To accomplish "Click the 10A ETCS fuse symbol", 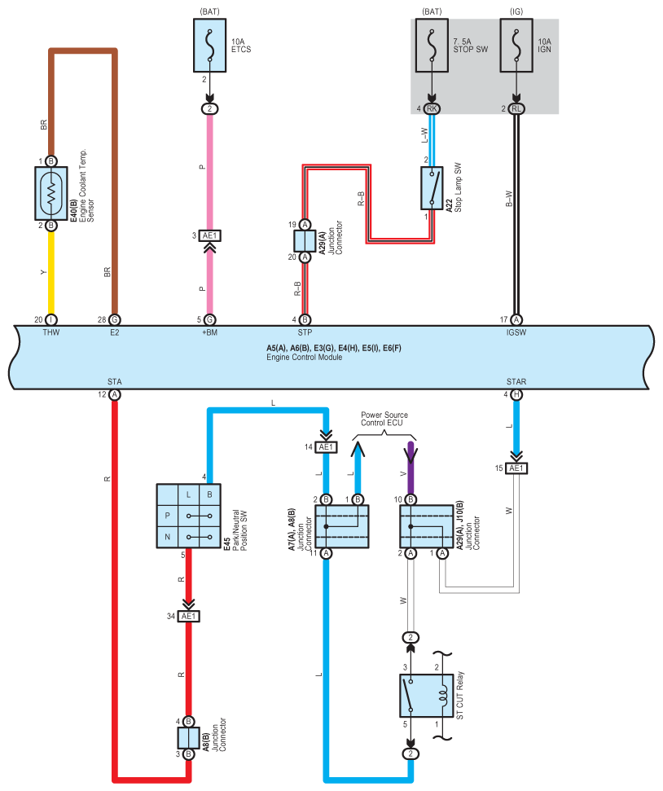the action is tap(209, 46).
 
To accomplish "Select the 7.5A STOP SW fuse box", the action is tap(432, 46).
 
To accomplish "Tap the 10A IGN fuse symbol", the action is tap(516, 46).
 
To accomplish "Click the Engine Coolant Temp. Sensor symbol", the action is tap(51, 193).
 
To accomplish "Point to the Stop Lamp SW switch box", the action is tap(432, 187).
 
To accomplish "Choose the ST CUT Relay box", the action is tap(426, 696).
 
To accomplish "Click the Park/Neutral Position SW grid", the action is tap(188, 516).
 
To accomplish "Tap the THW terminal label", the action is tap(51, 332).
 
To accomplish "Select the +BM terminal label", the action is tap(209, 332).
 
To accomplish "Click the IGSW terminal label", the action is tap(516, 332).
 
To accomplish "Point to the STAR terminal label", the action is tap(516, 381).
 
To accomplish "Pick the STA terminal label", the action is tap(115, 381).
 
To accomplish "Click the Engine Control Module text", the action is tap(305, 357).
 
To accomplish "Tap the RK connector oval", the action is tap(432, 108).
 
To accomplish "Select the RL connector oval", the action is tap(516, 108).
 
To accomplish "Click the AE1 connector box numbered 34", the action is tap(188, 616).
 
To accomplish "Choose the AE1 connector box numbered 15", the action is tap(516, 468).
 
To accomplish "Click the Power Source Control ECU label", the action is tap(384, 419).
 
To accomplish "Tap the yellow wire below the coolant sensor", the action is tap(51, 273).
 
